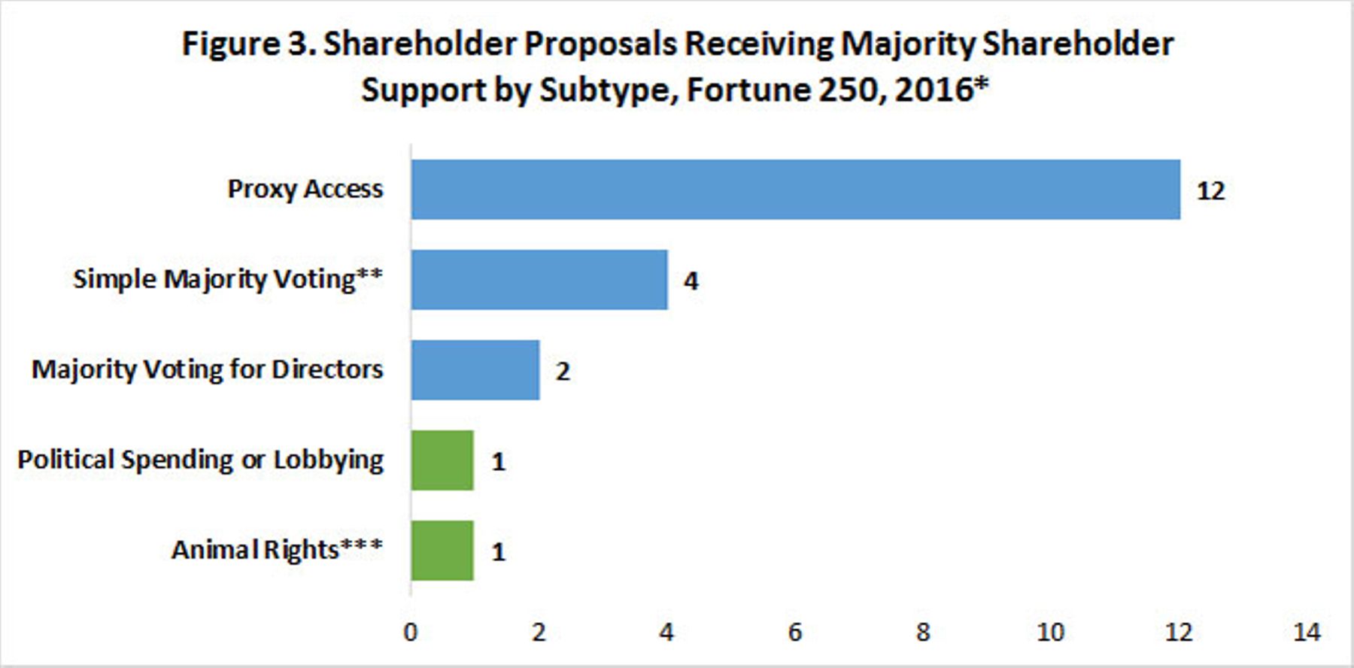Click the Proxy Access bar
click(x=796, y=190)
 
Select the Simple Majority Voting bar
click(x=539, y=280)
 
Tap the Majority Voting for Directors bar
click(x=475, y=370)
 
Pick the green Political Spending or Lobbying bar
click(x=443, y=460)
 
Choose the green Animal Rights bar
click(x=443, y=551)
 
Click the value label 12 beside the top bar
click(x=1211, y=191)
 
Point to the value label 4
click(x=691, y=281)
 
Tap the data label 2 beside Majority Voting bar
click(x=563, y=372)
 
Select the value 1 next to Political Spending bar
click(x=498, y=462)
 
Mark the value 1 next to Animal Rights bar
click(x=498, y=552)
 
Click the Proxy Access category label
click(x=305, y=190)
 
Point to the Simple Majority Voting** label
click(x=228, y=279)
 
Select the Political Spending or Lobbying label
click(x=201, y=460)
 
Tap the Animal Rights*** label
click(x=278, y=550)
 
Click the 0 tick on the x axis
click(x=411, y=632)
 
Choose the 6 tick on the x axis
click(x=795, y=632)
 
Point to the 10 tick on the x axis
click(x=1051, y=632)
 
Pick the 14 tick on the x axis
click(x=1307, y=632)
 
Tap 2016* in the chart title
click(x=942, y=90)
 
